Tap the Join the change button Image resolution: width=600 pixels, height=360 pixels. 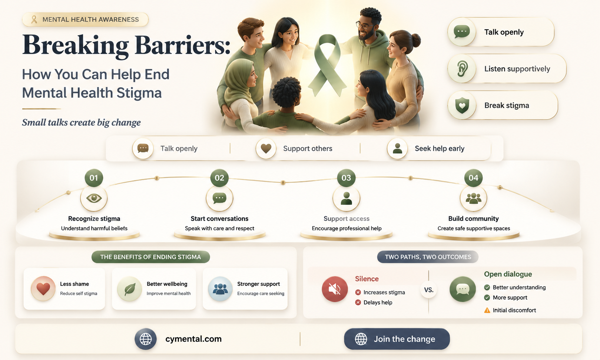pyautogui.click(x=397, y=339)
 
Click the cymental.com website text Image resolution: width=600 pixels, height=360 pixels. pyautogui.click(x=193, y=339)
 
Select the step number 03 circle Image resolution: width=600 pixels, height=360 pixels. pyautogui.click(x=346, y=178)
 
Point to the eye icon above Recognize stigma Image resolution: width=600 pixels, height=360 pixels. pyautogui.click(x=94, y=198)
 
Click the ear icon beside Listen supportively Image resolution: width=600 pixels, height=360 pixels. pyautogui.click(x=462, y=69)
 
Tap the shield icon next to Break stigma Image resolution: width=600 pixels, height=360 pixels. pyautogui.click(x=462, y=105)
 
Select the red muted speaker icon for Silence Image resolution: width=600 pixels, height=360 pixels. pyautogui.click(x=335, y=289)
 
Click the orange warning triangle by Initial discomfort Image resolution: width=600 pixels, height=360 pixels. pyautogui.click(x=487, y=310)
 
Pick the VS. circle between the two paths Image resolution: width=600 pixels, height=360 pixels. pyautogui.click(x=428, y=290)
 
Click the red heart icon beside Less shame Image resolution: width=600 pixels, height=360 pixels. pyautogui.click(x=43, y=289)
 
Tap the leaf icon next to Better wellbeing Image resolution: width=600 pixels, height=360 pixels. pyautogui.click(x=130, y=289)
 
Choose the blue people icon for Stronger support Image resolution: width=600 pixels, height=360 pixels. pyautogui.click(x=220, y=289)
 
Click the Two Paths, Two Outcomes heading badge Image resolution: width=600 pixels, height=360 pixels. pyautogui.click(x=428, y=257)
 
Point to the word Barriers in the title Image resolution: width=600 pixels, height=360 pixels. pyautogui.click(x=182, y=45)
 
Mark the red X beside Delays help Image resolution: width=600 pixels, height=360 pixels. pyautogui.click(x=358, y=303)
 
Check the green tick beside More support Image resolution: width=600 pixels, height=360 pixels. pyautogui.click(x=487, y=298)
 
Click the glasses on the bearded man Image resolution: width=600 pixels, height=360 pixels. pyautogui.click(x=365, y=26)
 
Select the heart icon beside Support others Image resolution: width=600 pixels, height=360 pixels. pyautogui.click(x=266, y=148)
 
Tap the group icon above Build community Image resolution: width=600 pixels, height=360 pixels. pyautogui.click(x=473, y=198)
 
